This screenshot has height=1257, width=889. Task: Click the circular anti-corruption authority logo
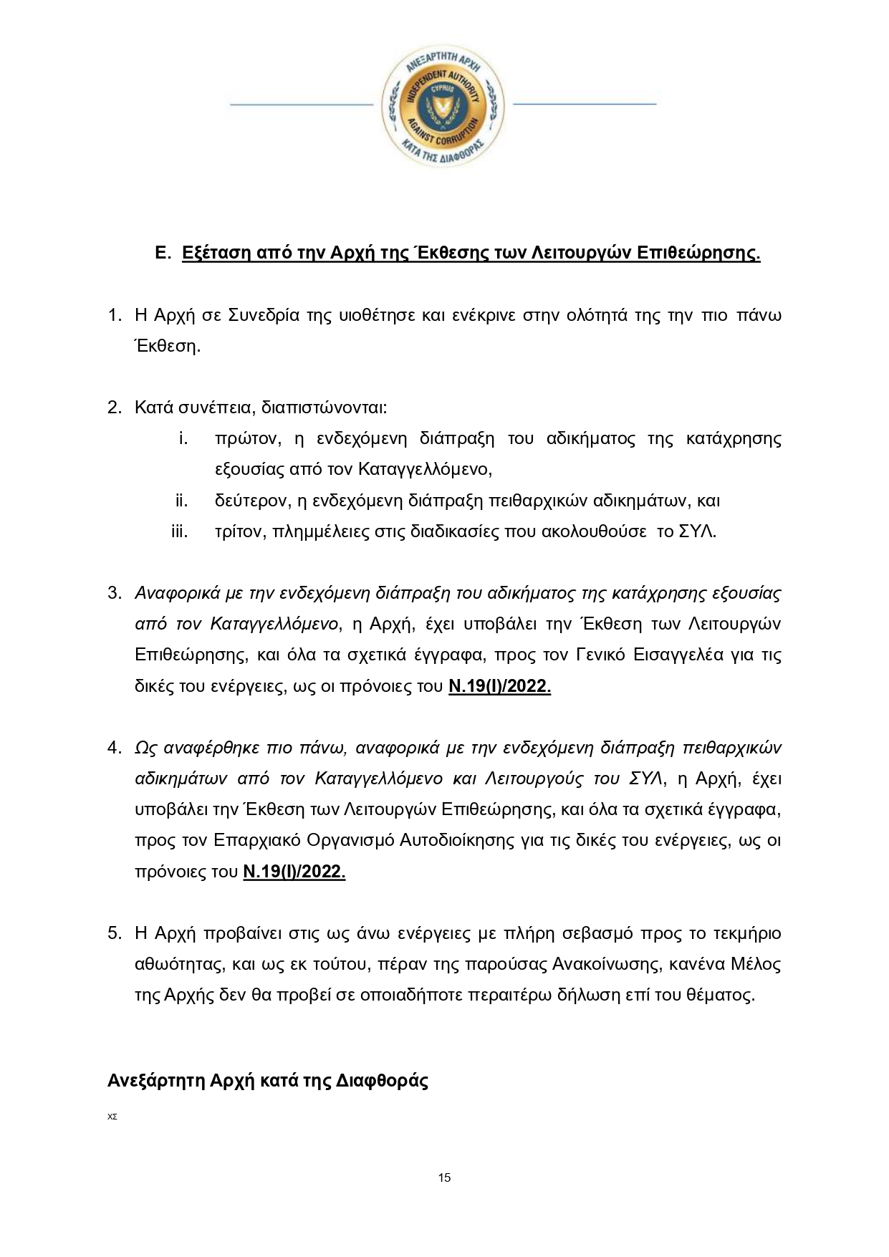coord(443,105)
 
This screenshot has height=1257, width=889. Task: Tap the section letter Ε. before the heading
coord(163,253)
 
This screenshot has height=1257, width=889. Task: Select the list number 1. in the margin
coord(115,315)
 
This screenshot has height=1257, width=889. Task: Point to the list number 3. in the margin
coord(115,593)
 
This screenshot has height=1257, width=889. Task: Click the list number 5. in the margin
coord(115,933)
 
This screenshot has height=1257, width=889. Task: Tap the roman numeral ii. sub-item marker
coord(182,500)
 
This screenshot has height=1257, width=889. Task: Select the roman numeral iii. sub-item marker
coord(180,531)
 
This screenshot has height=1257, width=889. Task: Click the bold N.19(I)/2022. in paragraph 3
coord(499,686)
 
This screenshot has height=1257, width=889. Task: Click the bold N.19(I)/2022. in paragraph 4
coord(294,872)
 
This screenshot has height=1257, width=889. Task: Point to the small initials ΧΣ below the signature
coord(112,1116)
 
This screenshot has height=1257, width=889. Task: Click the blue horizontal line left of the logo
coord(302,105)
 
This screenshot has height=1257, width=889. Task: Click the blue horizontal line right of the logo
coord(585,105)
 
